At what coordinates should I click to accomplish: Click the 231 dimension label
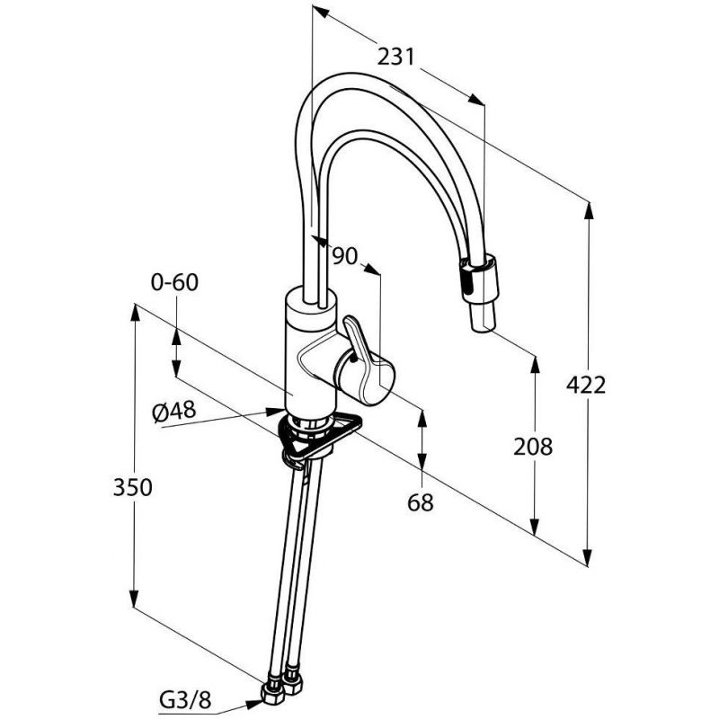[x=395, y=57]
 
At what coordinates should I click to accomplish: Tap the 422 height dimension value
[x=586, y=385]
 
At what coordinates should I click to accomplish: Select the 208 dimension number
[x=532, y=446]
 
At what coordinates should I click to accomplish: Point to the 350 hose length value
[x=132, y=487]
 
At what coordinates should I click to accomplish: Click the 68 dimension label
[x=420, y=502]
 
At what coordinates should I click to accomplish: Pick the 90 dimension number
[x=344, y=256]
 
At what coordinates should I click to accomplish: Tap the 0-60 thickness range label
[x=174, y=282]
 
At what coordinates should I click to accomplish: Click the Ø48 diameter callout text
[x=174, y=411]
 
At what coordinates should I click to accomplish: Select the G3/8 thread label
[x=185, y=700]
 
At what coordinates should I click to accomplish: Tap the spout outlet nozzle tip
[x=483, y=320]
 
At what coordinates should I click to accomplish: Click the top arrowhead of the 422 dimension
[x=590, y=212]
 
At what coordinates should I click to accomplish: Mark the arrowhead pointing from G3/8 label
[x=253, y=704]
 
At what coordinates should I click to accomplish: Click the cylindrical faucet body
[x=311, y=354]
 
